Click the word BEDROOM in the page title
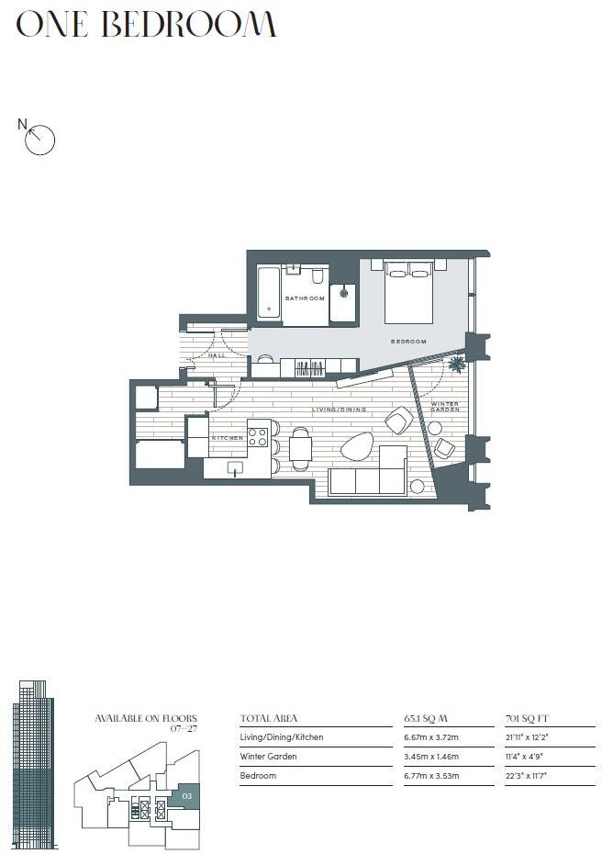click(x=188, y=25)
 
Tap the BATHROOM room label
click(x=304, y=298)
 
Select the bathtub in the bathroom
click(x=268, y=293)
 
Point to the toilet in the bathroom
click(x=317, y=275)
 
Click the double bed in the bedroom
click(x=408, y=291)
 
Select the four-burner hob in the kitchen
click(x=258, y=431)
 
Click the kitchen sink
click(x=235, y=468)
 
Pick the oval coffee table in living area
click(x=356, y=447)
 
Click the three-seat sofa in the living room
click(x=367, y=482)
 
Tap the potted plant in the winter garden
click(x=454, y=365)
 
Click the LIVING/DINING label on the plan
click(x=339, y=410)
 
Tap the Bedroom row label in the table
click(x=258, y=776)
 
